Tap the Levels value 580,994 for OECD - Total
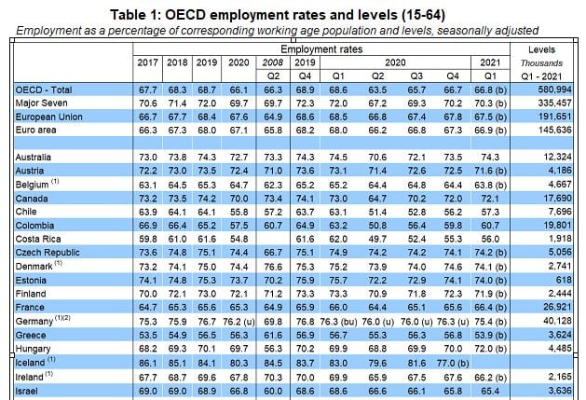click(557, 88)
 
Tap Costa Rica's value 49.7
click(379, 238)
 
